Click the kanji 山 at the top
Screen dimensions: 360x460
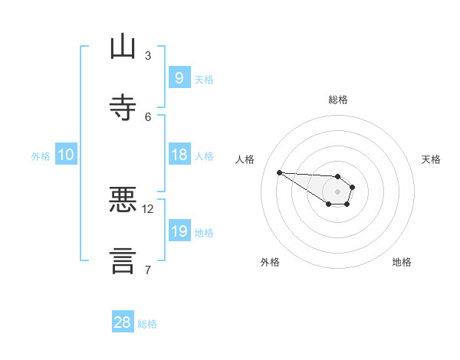click(123, 47)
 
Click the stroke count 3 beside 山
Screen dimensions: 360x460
click(148, 55)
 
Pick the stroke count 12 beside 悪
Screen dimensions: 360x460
click(148, 208)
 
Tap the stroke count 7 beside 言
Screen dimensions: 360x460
click(148, 270)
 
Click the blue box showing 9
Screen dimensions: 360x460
click(179, 77)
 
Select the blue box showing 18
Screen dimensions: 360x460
click(179, 154)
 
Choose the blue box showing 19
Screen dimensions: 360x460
click(179, 231)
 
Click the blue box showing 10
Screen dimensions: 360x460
click(66, 155)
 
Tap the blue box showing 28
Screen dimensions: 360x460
click(123, 322)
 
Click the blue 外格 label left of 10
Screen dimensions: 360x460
click(41, 155)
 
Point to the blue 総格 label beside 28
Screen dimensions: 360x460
click(147, 324)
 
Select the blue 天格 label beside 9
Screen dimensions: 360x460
click(204, 79)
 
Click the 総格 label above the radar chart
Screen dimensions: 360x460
click(337, 100)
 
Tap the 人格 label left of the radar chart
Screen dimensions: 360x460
click(245, 159)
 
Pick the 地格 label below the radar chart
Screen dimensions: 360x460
click(402, 262)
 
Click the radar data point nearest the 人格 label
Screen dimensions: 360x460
click(279, 172)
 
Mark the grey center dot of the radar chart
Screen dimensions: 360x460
click(337, 191)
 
